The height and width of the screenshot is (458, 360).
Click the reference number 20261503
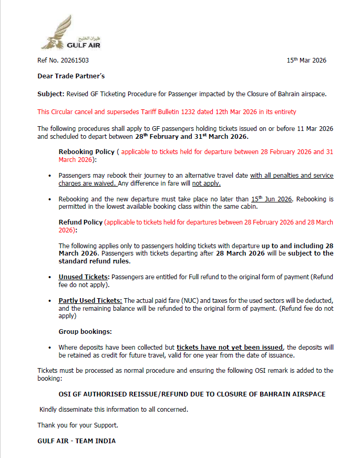[x=71, y=60]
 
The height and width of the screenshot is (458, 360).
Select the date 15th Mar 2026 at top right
[x=306, y=60]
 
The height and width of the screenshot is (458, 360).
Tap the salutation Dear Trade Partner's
[x=71, y=76]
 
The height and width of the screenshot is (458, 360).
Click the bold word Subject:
[x=50, y=94]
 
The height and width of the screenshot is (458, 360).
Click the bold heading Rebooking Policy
[x=86, y=152]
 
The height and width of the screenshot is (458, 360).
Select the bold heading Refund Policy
[x=80, y=222]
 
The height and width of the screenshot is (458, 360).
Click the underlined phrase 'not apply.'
[x=206, y=184]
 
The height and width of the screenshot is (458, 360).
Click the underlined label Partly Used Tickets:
[x=90, y=300]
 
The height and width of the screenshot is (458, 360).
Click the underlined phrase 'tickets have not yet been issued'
[x=230, y=348]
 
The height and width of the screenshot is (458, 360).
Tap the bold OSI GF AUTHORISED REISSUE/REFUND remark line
[x=192, y=394]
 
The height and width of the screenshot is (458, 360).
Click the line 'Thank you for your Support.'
[x=78, y=425]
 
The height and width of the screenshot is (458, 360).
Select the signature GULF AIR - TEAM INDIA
[x=76, y=441]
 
